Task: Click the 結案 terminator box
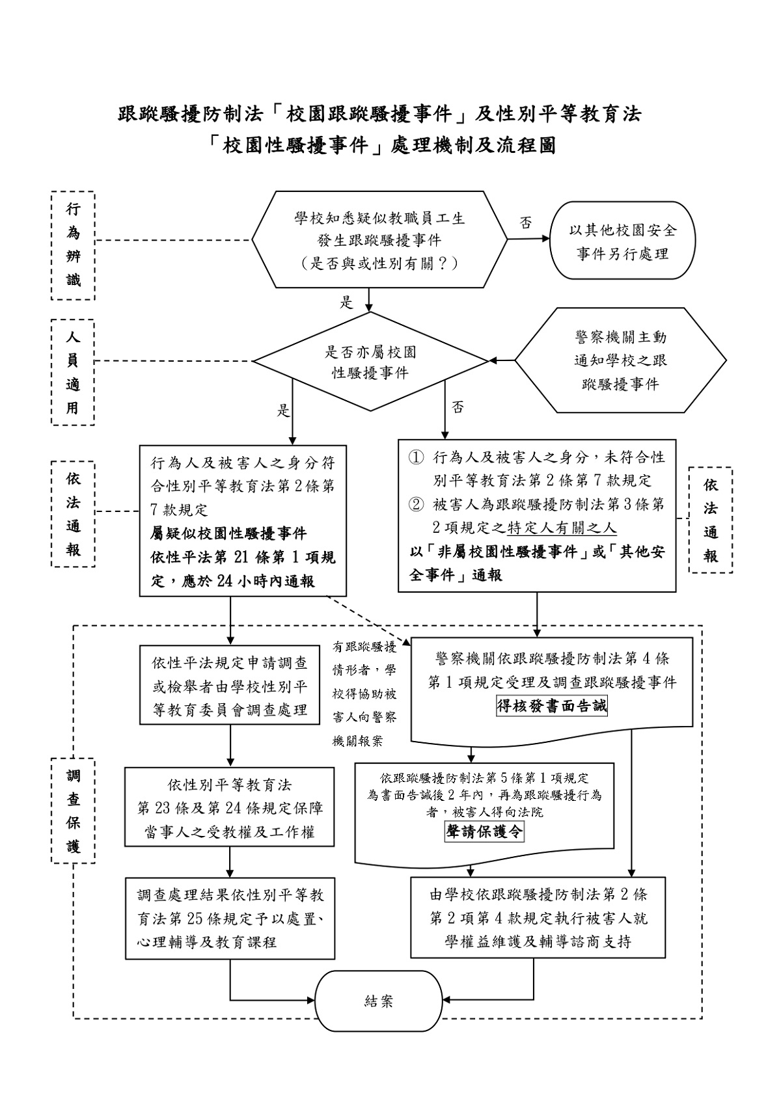(x=379, y=1001)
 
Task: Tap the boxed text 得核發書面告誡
(x=552, y=706)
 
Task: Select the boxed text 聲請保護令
(x=484, y=831)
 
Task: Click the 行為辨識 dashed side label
(x=74, y=245)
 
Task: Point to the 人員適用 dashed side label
(x=73, y=372)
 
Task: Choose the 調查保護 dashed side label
(x=73, y=811)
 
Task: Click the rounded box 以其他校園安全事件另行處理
(x=623, y=241)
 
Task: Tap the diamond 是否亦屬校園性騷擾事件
(x=370, y=362)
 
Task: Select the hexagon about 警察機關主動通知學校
(x=620, y=360)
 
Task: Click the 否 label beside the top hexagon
(x=525, y=223)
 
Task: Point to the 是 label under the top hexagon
(x=346, y=302)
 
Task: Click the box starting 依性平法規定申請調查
(x=230, y=686)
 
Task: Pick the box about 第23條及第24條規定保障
(x=230, y=807)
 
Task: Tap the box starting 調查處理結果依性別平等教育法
(x=230, y=917)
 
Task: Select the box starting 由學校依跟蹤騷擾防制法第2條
(x=538, y=917)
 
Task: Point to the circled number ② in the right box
(x=415, y=504)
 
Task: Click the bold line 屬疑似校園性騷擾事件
(x=228, y=533)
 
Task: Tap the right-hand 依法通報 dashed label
(x=711, y=520)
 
